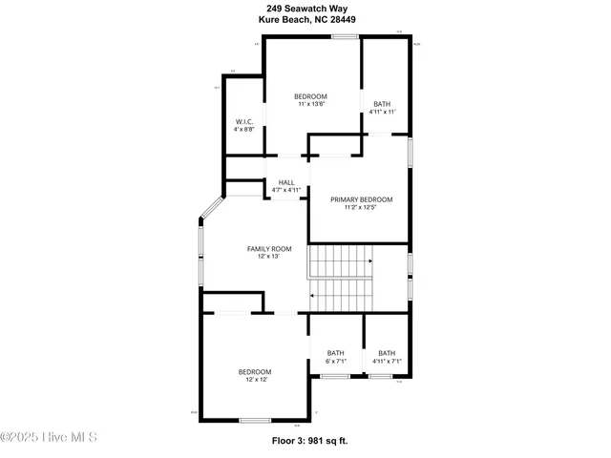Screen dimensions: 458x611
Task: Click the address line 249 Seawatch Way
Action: (305, 8)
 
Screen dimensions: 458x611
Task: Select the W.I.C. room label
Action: (244, 121)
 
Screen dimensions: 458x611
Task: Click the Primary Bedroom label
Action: (362, 199)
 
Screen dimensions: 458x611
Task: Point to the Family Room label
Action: (269, 249)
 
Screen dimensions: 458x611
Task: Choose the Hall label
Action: (286, 182)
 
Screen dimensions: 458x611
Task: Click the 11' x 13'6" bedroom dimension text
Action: (311, 104)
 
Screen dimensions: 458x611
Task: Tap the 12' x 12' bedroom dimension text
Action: (255, 380)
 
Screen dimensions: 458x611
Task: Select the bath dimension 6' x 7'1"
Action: (336, 361)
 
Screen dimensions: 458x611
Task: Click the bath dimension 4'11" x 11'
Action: (383, 112)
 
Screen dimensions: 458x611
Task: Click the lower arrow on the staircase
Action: (312, 296)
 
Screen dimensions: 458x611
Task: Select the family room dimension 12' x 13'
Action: (269, 257)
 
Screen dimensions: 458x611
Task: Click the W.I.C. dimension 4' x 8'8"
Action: (244, 129)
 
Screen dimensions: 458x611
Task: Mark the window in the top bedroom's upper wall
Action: (345, 36)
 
